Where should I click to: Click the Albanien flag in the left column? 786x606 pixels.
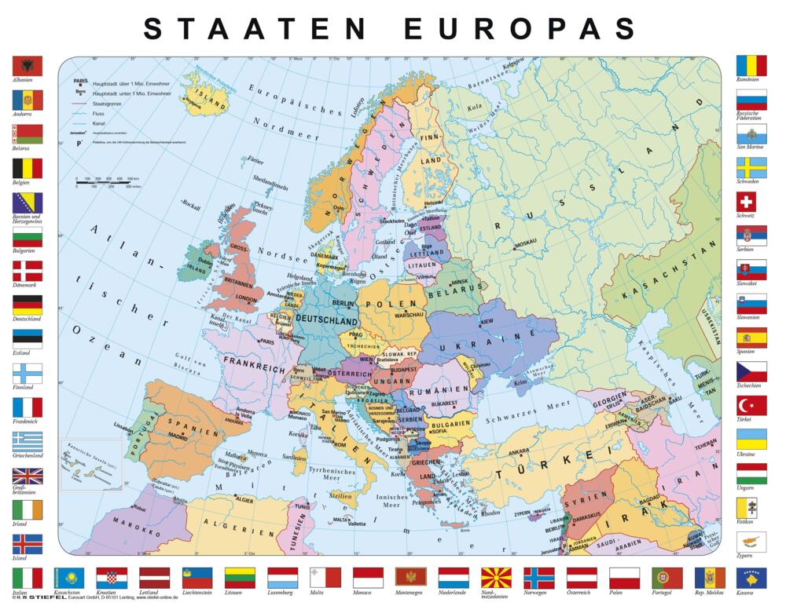(27, 66)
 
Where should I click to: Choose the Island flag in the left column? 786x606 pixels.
(27, 543)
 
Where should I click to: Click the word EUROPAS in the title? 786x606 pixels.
(519, 28)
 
